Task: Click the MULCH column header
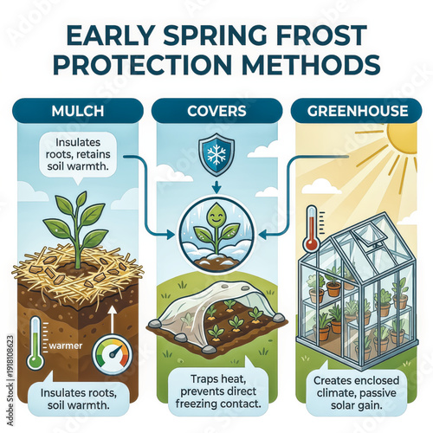click(76, 110)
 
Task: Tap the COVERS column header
click(216, 110)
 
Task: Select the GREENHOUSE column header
click(356, 110)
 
